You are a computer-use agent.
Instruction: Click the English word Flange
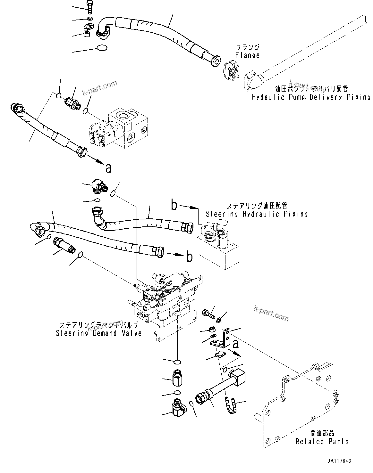coord(247,55)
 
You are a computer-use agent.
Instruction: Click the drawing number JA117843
coord(339,461)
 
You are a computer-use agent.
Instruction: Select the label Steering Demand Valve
coord(99,333)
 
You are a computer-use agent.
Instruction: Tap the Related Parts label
coord(322,441)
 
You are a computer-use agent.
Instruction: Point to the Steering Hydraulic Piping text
coord(257,214)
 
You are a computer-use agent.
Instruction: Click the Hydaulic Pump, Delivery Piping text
coord(311,97)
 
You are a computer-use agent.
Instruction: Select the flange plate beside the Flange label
coord(233,69)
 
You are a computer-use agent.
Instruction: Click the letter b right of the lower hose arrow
coord(190,257)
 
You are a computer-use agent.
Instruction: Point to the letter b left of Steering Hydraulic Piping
coord(174,205)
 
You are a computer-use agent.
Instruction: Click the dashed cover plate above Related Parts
coord(298,404)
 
